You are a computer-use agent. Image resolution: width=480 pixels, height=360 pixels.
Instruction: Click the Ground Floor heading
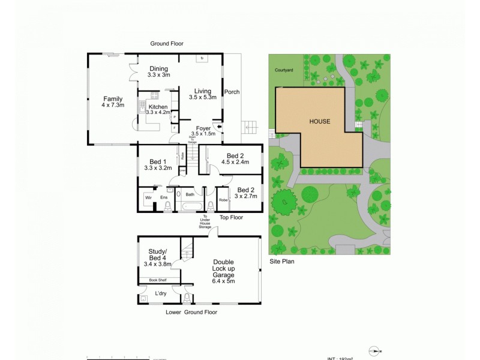tap(167, 44)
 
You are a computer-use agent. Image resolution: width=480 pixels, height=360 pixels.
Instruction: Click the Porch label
tap(232, 92)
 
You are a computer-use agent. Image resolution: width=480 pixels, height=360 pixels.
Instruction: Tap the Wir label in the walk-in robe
tap(148, 197)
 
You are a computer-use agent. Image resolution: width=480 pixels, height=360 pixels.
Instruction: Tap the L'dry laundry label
tap(161, 293)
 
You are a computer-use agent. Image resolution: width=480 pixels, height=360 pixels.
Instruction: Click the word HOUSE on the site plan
tap(319, 121)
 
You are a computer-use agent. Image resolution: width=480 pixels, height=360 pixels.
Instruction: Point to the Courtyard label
tap(284, 70)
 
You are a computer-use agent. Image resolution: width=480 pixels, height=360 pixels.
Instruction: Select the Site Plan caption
tap(281, 262)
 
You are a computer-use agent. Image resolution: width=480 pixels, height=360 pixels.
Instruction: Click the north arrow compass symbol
tap(376, 352)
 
